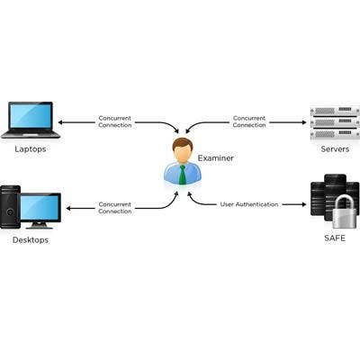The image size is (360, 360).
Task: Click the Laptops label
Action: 31,149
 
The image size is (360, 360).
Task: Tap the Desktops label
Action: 31,240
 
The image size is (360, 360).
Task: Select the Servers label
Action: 335,149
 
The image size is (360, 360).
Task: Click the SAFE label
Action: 335,238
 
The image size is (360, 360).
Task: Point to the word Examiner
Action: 215,158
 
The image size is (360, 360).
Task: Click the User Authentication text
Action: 249,204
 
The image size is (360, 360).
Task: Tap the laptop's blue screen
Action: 31,116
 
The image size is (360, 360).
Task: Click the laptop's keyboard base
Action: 31,134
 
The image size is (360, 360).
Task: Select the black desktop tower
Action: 10,207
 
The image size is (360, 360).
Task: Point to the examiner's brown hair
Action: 183,143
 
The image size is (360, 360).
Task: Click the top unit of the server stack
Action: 335,112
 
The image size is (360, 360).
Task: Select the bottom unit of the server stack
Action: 335,133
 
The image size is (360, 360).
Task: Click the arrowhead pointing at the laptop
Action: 60,122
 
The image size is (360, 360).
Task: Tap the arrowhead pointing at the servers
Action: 304,122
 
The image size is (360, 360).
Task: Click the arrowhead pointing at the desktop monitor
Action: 68,208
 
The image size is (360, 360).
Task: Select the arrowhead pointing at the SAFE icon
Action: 304,204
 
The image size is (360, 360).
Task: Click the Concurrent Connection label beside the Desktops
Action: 115,208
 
